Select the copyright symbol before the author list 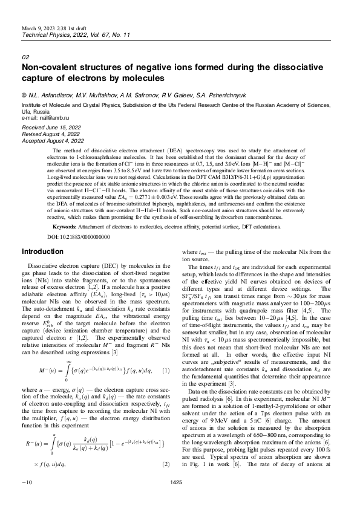click(24, 96)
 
